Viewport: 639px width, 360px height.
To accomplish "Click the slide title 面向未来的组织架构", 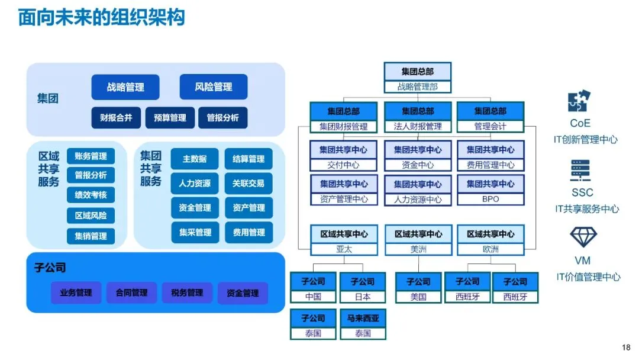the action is coord(102,18).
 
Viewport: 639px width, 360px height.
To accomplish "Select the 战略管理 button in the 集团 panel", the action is coord(125,87).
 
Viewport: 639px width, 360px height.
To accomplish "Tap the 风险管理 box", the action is coord(214,87).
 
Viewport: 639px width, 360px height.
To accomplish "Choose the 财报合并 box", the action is coord(116,118).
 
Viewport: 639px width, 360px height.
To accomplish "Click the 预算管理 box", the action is coord(170,118).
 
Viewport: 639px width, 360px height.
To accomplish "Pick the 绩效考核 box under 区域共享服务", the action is coord(91,195).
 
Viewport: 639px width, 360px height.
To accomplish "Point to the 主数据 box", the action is coord(195,159).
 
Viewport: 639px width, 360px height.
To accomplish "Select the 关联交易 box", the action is coord(248,184).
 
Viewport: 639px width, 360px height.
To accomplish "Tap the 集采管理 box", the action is coord(195,232).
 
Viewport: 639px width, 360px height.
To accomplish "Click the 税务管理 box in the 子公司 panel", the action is coord(187,292).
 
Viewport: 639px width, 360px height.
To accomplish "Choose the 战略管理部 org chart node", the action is coord(418,86).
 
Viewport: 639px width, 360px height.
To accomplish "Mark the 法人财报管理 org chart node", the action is coord(418,126).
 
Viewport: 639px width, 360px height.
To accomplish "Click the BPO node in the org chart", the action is coord(490,199).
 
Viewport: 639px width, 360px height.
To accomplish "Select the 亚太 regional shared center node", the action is coord(344,249).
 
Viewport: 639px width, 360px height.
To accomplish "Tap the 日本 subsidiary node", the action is coord(363,297).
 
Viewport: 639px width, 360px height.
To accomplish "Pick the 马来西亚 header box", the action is coord(363,318).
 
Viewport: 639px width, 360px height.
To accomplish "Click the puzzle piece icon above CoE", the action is coord(579,101).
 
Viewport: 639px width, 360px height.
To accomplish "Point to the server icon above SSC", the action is coord(581,171).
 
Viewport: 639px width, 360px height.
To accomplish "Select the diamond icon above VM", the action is coord(583,236).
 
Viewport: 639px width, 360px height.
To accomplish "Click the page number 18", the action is coord(627,348).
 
